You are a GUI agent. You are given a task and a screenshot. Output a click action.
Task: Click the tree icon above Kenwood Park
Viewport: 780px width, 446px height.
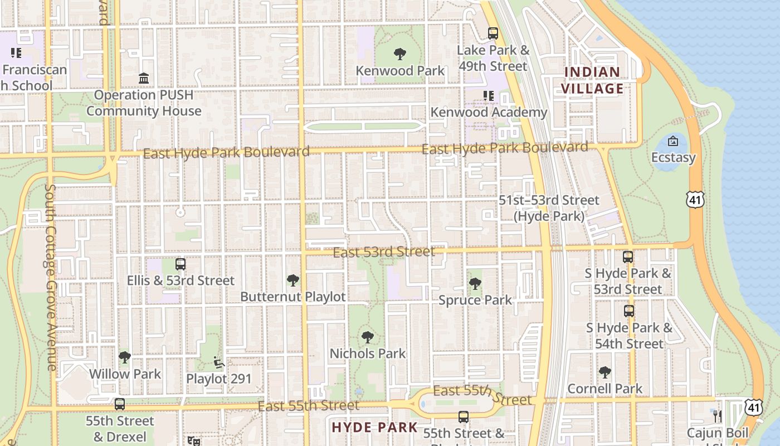pyautogui.click(x=399, y=54)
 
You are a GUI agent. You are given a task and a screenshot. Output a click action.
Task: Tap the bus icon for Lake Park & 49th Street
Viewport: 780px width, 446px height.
pyautogui.click(x=493, y=33)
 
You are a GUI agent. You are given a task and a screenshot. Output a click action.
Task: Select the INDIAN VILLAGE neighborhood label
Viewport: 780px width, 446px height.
pyautogui.click(x=592, y=80)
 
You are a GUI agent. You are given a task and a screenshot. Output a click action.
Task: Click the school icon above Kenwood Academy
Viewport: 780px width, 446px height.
pyautogui.click(x=489, y=96)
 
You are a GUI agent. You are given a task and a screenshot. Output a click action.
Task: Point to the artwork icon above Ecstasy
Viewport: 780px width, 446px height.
pyautogui.click(x=673, y=141)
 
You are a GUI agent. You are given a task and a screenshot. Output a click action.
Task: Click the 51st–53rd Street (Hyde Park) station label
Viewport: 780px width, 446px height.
pyautogui.click(x=549, y=208)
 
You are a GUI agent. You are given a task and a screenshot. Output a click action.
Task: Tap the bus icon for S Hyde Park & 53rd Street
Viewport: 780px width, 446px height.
pyautogui.click(x=628, y=257)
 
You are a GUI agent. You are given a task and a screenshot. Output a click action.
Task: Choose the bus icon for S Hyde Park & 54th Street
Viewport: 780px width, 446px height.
pyautogui.click(x=629, y=311)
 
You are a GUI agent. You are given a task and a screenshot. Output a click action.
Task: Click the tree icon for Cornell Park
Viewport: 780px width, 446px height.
pyautogui.click(x=605, y=372)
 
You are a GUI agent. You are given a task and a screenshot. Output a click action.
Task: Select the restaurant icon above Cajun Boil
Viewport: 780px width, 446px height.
pyautogui.click(x=718, y=416)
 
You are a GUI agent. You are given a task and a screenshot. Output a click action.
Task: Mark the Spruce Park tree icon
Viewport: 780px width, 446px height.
pyautogui.click(x=475, y=284)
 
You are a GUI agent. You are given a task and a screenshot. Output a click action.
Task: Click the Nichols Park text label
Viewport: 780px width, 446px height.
pyautogui.click(x=368, y=353)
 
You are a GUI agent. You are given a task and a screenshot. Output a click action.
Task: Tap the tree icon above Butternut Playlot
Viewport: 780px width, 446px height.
pyautogui.click(x=292, y=280)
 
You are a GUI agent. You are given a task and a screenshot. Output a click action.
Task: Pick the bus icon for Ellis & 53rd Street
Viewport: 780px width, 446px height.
pyautogui.click(x=181, y=264)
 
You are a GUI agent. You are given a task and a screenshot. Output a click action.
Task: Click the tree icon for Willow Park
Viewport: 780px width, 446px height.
pyautogui.click(x=125, y=357)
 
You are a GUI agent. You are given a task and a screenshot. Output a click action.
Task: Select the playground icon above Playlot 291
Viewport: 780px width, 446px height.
pyautogui.click(x=219, y=362)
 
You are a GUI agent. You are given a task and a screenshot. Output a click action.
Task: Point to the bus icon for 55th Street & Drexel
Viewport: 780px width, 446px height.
pyautogui.click(x=120, y=404)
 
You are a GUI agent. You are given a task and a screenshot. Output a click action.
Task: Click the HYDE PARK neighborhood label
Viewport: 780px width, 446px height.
pyautogui.click(x=374, y=428)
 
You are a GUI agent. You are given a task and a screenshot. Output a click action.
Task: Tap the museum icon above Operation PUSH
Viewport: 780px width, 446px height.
pyautogui.click(x=144, y=79)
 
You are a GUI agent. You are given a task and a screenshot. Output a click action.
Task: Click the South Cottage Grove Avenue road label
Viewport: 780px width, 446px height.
pyautogui.click(x=50, y=277)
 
